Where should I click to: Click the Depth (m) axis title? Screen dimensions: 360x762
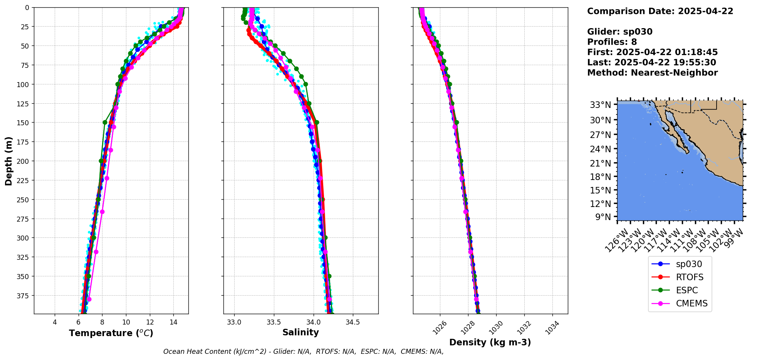point(8,161)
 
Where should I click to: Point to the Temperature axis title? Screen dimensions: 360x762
point(111,333)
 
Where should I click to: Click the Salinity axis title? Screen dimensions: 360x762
point(300,332)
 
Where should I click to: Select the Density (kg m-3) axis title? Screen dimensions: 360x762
point(490,342)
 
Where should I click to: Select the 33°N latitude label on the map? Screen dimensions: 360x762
point(600,105)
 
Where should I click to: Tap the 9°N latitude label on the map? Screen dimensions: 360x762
point(603,217)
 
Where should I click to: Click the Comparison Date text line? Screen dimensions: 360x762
point(660,11)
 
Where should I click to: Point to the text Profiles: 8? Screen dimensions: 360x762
point(612,42)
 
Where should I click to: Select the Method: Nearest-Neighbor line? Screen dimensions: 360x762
point(652,73)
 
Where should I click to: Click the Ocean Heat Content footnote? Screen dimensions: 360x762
point(303,352)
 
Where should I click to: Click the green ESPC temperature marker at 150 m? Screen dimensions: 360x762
point(105,123)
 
